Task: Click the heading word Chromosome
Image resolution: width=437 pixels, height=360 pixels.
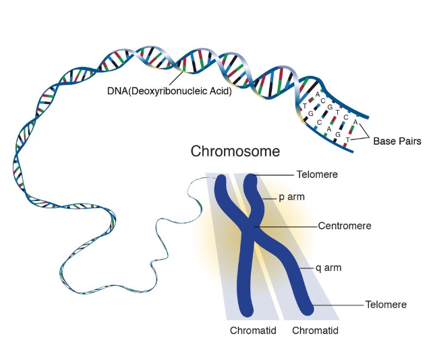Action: click(x=235, y=150)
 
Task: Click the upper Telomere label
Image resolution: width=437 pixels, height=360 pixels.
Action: click(x=316, y=175)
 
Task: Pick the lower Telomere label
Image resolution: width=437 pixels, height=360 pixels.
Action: click(x=385, y=305)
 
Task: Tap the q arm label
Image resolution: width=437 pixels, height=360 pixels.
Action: click(x=328, y=268)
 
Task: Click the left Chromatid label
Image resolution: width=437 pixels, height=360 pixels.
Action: click(x=253, y=330)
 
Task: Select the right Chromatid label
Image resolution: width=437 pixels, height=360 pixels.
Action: click(x=315, y=330)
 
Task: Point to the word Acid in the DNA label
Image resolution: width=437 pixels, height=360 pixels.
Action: click(x=221, y=91)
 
